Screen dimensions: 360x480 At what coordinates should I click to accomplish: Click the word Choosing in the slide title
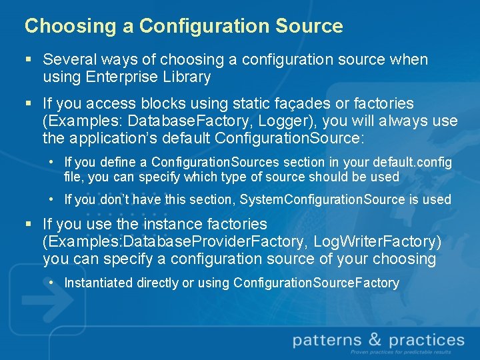59,27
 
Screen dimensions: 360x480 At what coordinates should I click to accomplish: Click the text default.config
415,162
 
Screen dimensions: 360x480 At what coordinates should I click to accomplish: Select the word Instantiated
99,283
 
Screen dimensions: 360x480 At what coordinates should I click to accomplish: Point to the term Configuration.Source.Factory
316,283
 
